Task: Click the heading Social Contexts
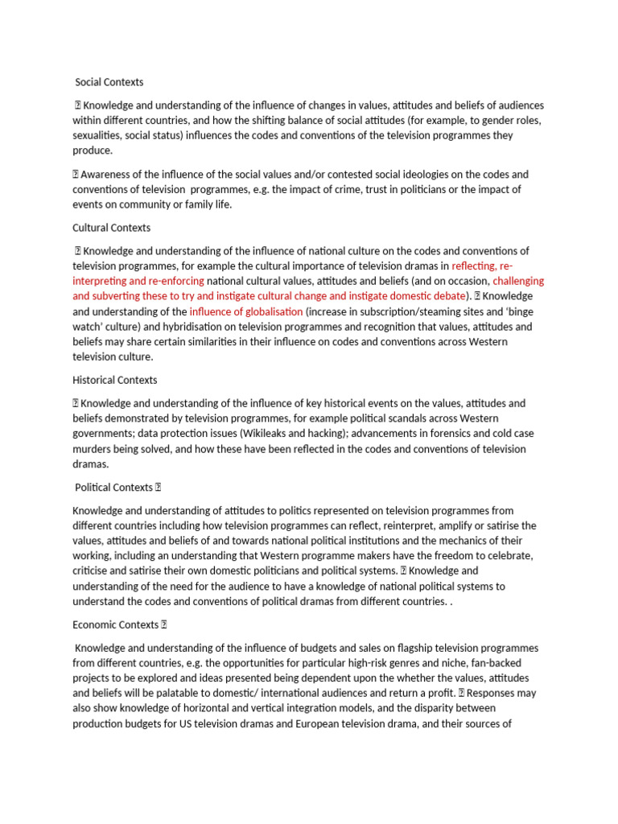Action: coord(109,82)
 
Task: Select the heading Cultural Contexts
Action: coord(111,228)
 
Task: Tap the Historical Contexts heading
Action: coord(115,380)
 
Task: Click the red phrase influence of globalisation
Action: coord(246,311)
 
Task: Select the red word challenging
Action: coord(518,281)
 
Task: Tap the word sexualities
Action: coord(99,136)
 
